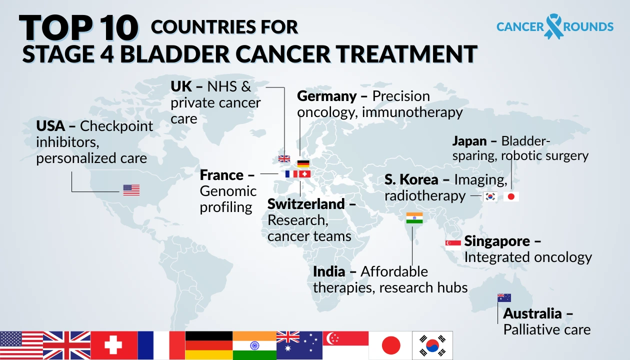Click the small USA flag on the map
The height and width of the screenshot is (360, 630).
[x=131, y=190]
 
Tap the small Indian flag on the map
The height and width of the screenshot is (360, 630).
[x=414, y=218]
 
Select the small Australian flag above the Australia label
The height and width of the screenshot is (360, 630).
[x=504, y=298]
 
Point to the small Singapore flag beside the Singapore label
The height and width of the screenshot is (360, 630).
[x=453, y=244]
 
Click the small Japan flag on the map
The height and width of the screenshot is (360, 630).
[x=511, y=196]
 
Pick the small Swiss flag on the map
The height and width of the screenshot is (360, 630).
[x=304, y=174]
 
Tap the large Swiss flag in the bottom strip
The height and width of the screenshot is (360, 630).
[x=114, y=345]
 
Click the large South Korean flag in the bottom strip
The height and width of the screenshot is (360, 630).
[x=432, y=345]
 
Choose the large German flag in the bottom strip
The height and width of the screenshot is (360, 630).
[x=209, y=345]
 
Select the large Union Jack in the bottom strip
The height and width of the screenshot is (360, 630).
[x=66, y=345]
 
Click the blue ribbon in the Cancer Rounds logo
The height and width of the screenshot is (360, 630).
[x=553, y=26]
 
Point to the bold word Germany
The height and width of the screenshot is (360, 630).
[x=327, y=96]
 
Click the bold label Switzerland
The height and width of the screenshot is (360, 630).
[x=306, y=204]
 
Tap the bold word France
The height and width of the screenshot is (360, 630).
[x=221, y=175]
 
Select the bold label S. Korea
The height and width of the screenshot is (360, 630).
[x=411, y=179]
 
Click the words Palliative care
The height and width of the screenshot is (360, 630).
[x=546, y=330]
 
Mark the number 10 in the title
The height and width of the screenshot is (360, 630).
[x=115, y=28]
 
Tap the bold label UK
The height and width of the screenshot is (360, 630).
[x=181, y=86]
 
